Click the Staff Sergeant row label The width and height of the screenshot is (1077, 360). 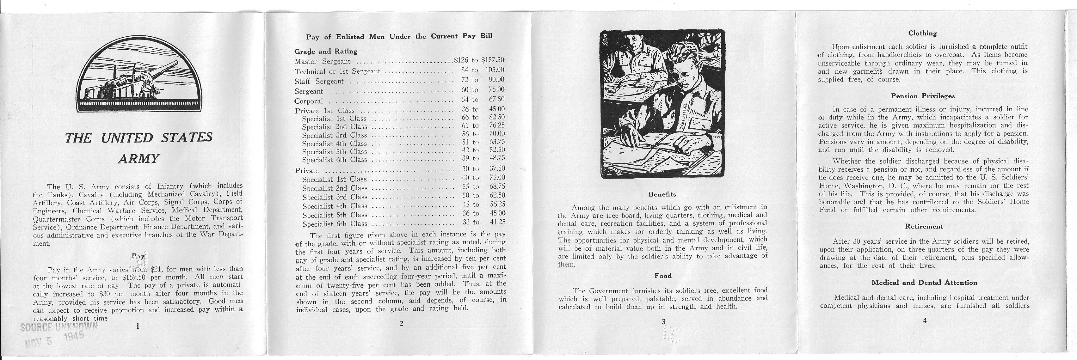pos(319,81)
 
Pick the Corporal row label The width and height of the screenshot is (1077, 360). pos(309,101)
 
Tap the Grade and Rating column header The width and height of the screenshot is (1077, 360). pos(326,52)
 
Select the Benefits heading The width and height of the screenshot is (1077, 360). pos(662,194)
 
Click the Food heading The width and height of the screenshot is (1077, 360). pos(663,276)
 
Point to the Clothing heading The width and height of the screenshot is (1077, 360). pos(922,33)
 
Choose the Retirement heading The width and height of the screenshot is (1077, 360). pos(924,226)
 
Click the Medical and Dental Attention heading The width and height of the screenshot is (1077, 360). pos(924,282)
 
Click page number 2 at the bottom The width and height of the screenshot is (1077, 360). pos(401,323)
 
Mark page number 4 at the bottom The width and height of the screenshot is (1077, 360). pos(924,321)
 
